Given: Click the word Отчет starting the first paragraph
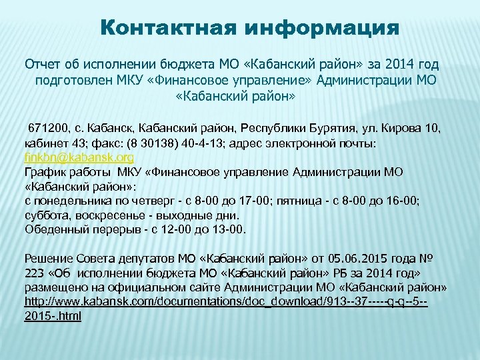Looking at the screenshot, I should [x=43, y=65].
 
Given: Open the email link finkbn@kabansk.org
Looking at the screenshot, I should [x=79, y=158].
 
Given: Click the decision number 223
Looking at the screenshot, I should [x=34, y=273].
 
